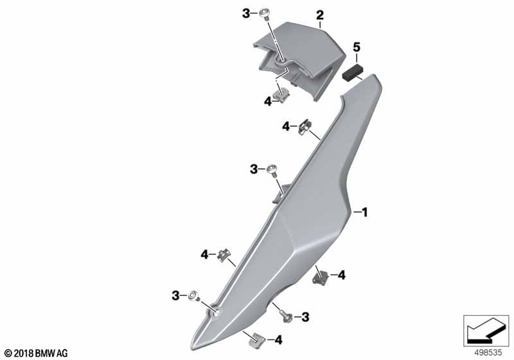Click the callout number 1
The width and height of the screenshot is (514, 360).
click(x=364, y=212)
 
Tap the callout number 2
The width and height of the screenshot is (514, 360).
click(x=319, y=15)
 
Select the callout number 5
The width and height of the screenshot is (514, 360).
click(x=357, y=47)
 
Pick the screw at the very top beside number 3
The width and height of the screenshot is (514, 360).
click(x=264, y=14)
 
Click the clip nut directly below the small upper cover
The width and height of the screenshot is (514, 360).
click(x=282, y=95)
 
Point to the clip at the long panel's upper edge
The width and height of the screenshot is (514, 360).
click(x=305, y=127)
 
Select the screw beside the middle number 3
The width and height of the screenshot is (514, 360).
click(x=272, y=170)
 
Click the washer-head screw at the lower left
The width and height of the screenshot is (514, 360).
click(x=193, y=296)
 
